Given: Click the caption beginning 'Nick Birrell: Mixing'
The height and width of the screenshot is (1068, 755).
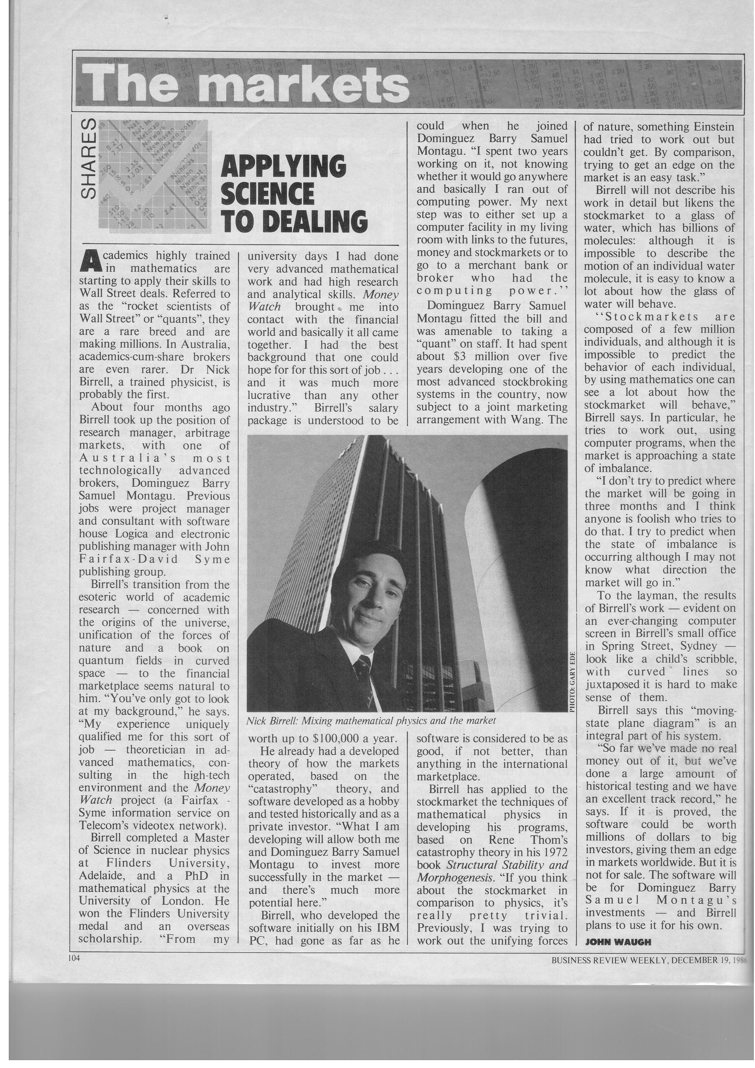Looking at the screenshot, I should (x=370, y=721).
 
